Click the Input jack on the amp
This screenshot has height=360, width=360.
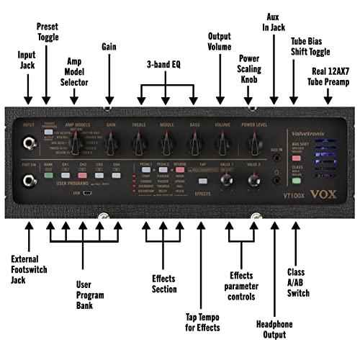(x=30, y=143)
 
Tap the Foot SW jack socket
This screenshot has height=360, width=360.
(x=30, y=180)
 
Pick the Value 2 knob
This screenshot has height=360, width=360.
(x=253, y=181)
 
